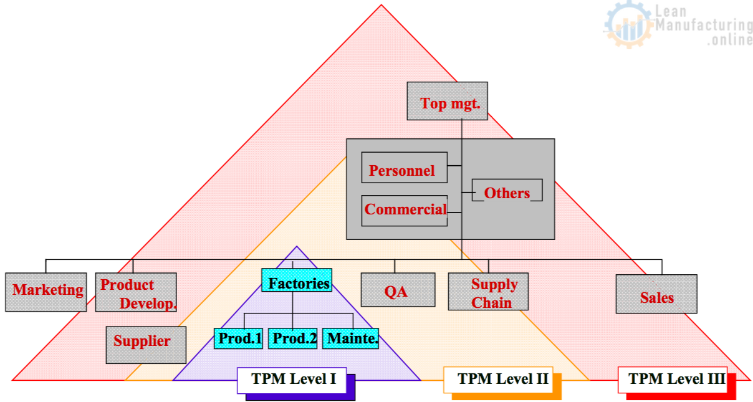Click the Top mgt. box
tap(447, 101)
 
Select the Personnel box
tap(404, 168)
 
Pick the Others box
tap(507, 191)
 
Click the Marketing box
tap(46, 292)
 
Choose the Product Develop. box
tap(136, 292)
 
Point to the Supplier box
tap(146, 345)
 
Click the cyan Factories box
tap(297, 283)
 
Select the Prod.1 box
tap(238, 338)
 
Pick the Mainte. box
tap(350, 338)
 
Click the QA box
tap(398, 290)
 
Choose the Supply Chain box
tap(488, 292)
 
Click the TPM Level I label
tap(292, 380)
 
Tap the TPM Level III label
tap(673, 379)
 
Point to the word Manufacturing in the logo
tap(704, 26)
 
